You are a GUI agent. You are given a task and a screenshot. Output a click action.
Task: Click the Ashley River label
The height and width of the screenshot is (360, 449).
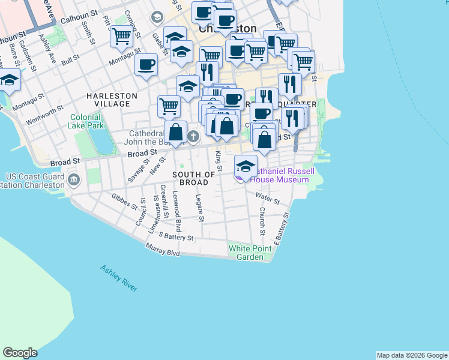pos(119,278)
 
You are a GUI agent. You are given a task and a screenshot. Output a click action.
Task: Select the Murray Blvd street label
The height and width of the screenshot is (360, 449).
pos(163,250)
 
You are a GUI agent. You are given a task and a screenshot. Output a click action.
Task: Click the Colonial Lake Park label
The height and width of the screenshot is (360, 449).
pos(86,122)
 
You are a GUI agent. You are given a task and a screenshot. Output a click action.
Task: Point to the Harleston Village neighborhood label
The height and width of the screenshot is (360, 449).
pos(112,100)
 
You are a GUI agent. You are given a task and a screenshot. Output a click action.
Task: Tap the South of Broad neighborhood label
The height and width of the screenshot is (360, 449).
pos(194,178)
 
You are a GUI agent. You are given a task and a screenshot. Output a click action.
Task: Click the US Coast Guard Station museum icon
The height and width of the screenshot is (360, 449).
pos(74,179)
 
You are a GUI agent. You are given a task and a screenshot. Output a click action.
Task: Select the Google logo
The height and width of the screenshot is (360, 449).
pos(20,353)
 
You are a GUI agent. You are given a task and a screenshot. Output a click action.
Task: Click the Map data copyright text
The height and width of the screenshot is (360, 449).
pos(411,355)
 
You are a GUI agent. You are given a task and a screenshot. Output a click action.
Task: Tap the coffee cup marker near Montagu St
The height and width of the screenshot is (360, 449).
pos(146,64)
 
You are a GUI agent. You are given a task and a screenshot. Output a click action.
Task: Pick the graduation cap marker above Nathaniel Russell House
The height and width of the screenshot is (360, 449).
pos(246,165)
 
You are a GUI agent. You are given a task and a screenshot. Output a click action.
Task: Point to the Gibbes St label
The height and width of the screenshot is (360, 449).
pos(125,200)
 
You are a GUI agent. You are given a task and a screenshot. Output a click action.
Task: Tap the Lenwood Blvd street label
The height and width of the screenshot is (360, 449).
pos(177,212)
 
